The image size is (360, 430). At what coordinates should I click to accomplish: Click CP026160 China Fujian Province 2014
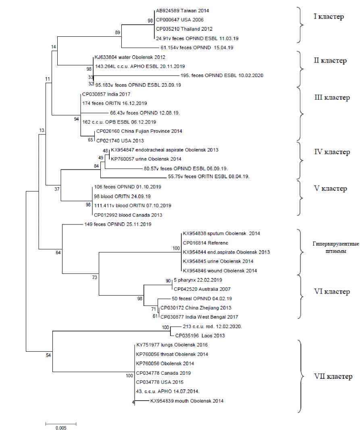[139, 131]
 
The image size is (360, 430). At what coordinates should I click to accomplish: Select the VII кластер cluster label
[333, 376]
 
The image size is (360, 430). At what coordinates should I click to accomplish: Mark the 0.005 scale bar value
[61, 427]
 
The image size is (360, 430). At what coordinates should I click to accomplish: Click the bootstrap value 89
[117, 33]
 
